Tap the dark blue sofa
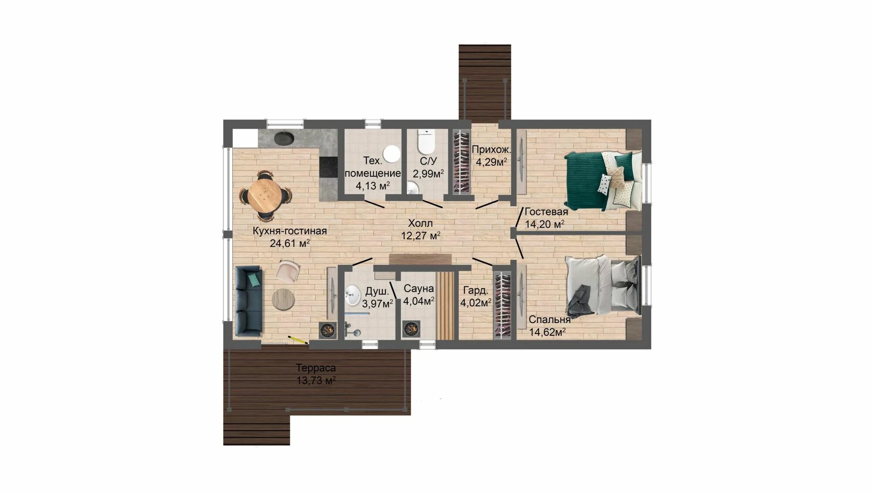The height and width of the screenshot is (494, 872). [x=249, y=301]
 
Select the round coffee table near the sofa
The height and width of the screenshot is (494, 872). [x=283, y=300]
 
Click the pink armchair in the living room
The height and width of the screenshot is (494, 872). [x=288, y=270]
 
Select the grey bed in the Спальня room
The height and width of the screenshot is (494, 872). [x=603, y=285]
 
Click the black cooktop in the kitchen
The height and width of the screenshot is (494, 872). [x=329, y=167]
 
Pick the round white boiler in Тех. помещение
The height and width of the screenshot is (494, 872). [x=392, y=154]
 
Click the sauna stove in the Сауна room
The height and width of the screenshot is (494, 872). [x=411, y=329]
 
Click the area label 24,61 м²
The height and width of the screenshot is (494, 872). [x=290, y=243]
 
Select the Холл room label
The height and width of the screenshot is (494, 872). [x=420, y=224]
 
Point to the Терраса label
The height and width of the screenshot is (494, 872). [x=316, y=368]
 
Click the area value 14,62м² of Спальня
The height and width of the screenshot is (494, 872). [x=547, y=332]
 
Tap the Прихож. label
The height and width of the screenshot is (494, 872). [x=491, y=150]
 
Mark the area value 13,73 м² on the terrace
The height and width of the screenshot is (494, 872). [x=316, y=381]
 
